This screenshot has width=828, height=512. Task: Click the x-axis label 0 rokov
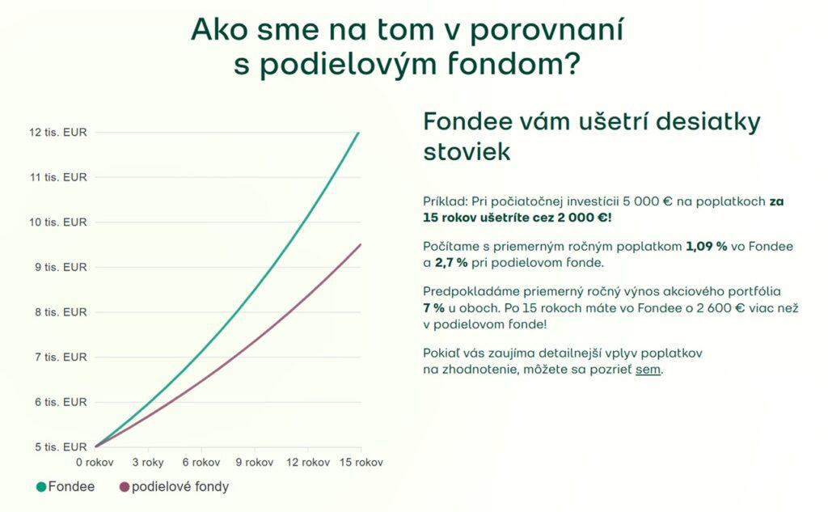95,463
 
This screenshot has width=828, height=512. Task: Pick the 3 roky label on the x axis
148,463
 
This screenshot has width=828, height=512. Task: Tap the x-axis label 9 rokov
254,463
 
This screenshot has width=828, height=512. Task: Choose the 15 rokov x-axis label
360,463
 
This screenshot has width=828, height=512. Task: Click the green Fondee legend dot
41,487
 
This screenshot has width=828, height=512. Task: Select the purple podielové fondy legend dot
125,487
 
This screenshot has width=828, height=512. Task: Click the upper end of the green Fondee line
358,132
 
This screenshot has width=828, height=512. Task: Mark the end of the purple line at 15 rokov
360,244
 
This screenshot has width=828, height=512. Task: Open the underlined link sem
648,370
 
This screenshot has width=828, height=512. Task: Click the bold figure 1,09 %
707,246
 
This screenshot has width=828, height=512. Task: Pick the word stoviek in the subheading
467,151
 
